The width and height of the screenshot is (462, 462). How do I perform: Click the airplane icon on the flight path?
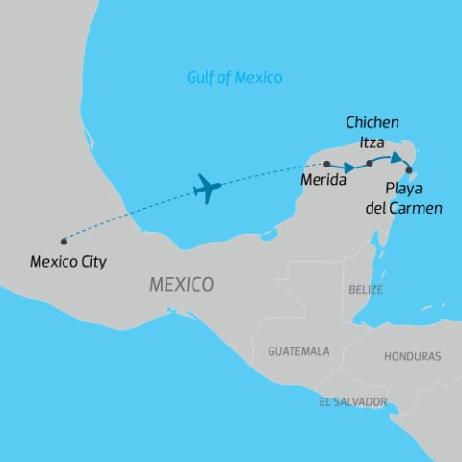coord(207,188)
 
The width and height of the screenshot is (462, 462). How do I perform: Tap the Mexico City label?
coord(68,260)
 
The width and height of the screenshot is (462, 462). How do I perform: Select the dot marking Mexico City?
coord(63,241)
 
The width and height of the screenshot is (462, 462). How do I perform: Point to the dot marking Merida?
coord(327,164)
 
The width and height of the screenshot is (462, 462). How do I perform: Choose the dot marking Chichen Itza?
coord(370,164)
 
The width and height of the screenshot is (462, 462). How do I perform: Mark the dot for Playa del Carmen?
coord(410,171)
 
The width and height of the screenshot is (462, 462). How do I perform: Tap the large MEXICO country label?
coord(181,285)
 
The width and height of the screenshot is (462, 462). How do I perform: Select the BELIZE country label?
coord(366,289)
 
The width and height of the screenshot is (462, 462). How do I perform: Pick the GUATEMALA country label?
coord(298,351)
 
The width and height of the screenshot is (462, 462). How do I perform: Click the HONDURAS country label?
coord(412,356)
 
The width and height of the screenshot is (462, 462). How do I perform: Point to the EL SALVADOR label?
coord(353,401)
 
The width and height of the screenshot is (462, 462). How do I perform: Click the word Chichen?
coord(372,124)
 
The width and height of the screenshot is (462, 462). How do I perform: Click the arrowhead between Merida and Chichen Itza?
coord(351,167)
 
